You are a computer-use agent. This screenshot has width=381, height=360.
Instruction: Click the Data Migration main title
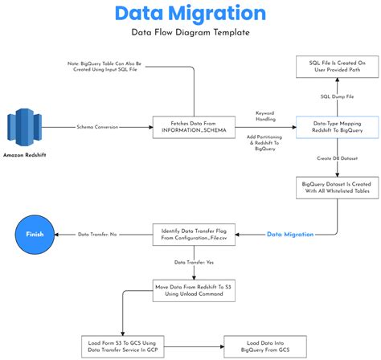[190, 14]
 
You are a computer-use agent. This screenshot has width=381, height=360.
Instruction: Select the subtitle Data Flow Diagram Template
[190, 32]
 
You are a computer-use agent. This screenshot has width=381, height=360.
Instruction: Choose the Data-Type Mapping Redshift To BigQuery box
[332, 126]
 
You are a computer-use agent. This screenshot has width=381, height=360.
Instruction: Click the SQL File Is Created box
[332, 66]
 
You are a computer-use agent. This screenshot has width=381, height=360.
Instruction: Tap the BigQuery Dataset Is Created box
[332, 187]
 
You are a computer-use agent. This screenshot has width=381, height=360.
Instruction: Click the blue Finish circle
[35, 234]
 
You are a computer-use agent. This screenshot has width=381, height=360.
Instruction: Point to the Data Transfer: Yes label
[193, 262]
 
